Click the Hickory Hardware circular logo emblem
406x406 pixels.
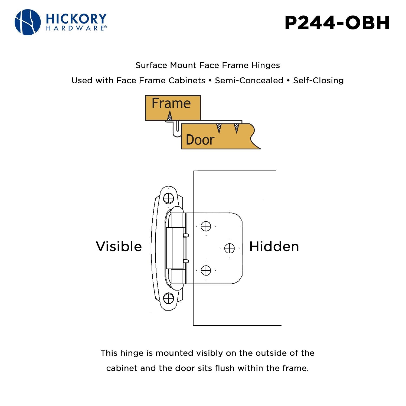pos(28,22)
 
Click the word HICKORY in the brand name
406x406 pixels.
pos(76,19)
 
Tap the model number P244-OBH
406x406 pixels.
pos(337,23)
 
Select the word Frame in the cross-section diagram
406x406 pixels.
pos(171,103)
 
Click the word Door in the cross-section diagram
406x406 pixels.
pos(200,140)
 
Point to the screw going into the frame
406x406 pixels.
pos(169,116)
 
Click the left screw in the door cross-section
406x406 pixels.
pos(219,129)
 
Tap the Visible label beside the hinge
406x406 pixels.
pos(119,247)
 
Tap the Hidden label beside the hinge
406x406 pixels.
pos(274,247)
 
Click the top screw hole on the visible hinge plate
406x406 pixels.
pos(169,198)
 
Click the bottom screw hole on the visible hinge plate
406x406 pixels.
pos(168,299)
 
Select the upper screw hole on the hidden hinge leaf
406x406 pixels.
pos(206,226)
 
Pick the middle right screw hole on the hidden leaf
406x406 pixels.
pos(230,248)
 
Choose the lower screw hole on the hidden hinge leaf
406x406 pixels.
pos(206,270)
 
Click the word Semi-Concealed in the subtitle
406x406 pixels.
pos(249,80)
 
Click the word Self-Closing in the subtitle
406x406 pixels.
pos(318,80)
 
